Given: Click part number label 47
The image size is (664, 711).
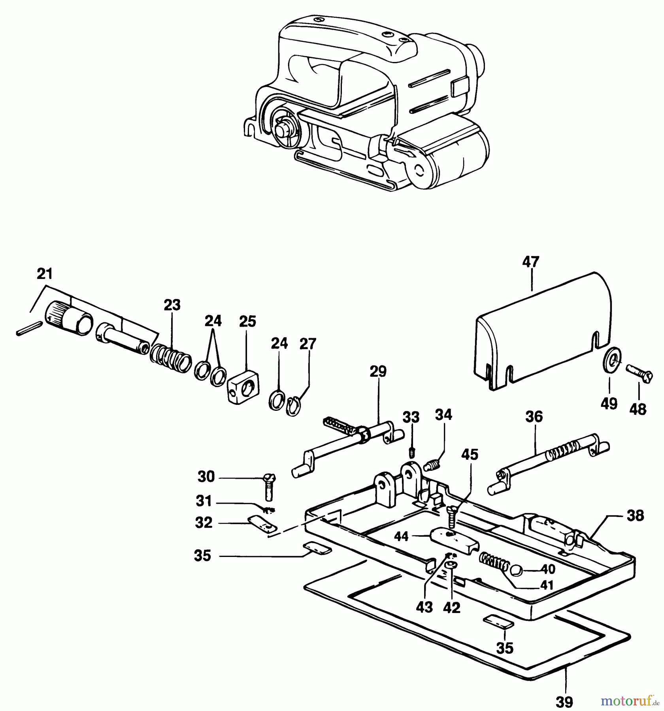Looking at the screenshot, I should pos(530,262).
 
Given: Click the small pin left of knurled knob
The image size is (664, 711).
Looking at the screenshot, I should pos(29,329).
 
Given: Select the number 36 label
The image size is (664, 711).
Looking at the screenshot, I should pos(534,417).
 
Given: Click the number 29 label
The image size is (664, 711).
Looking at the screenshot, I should pos(378,372).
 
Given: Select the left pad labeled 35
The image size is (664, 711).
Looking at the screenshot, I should pos(317,549).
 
